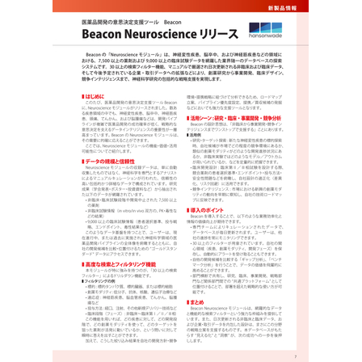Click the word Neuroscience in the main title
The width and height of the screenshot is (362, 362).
162,36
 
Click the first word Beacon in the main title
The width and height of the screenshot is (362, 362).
102,36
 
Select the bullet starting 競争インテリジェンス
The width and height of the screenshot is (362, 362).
218,187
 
